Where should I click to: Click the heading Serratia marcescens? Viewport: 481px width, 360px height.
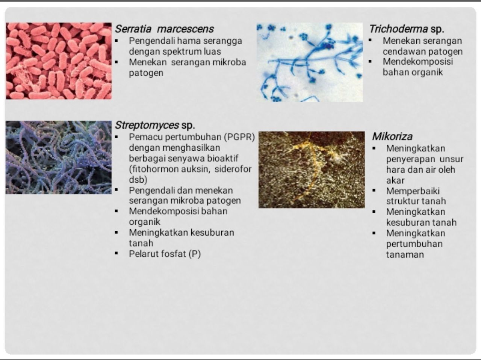click(164, 29)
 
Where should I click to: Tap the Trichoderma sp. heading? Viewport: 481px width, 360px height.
click(407, 29)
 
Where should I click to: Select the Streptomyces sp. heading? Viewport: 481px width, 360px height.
click(155, 126)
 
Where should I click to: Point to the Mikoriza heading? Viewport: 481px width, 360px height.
click(392, 136)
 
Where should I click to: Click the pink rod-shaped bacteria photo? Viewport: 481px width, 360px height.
click(59, 61)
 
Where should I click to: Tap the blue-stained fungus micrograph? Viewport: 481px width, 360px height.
click(310, 62)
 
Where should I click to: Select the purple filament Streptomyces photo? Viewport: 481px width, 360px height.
click(59, 157)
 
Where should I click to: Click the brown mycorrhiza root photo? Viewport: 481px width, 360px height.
click(312, 170)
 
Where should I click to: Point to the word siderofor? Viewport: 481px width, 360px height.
click(233, 169)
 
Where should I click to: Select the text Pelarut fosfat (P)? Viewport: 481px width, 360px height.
click(165, 254)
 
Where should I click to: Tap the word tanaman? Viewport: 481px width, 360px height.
click(405, 255)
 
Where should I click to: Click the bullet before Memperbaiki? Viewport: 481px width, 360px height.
click(374, 191)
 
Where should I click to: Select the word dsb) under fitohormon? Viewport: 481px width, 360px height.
click(138, 180)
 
